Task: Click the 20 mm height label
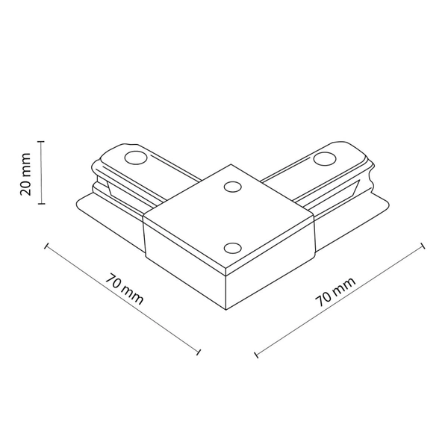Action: click(26, 172)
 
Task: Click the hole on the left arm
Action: click(135, 158)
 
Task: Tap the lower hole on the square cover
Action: click(231, 247)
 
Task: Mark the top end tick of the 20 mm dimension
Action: click(42, 140)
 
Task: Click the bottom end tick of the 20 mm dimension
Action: click(42, 203)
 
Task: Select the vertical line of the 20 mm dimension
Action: click(42, 172)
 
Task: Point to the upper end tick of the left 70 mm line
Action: click(46, 245)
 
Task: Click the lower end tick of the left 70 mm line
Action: click(199, 352)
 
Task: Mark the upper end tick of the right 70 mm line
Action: click(423, 244)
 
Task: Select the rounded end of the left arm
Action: click(112, 153)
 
